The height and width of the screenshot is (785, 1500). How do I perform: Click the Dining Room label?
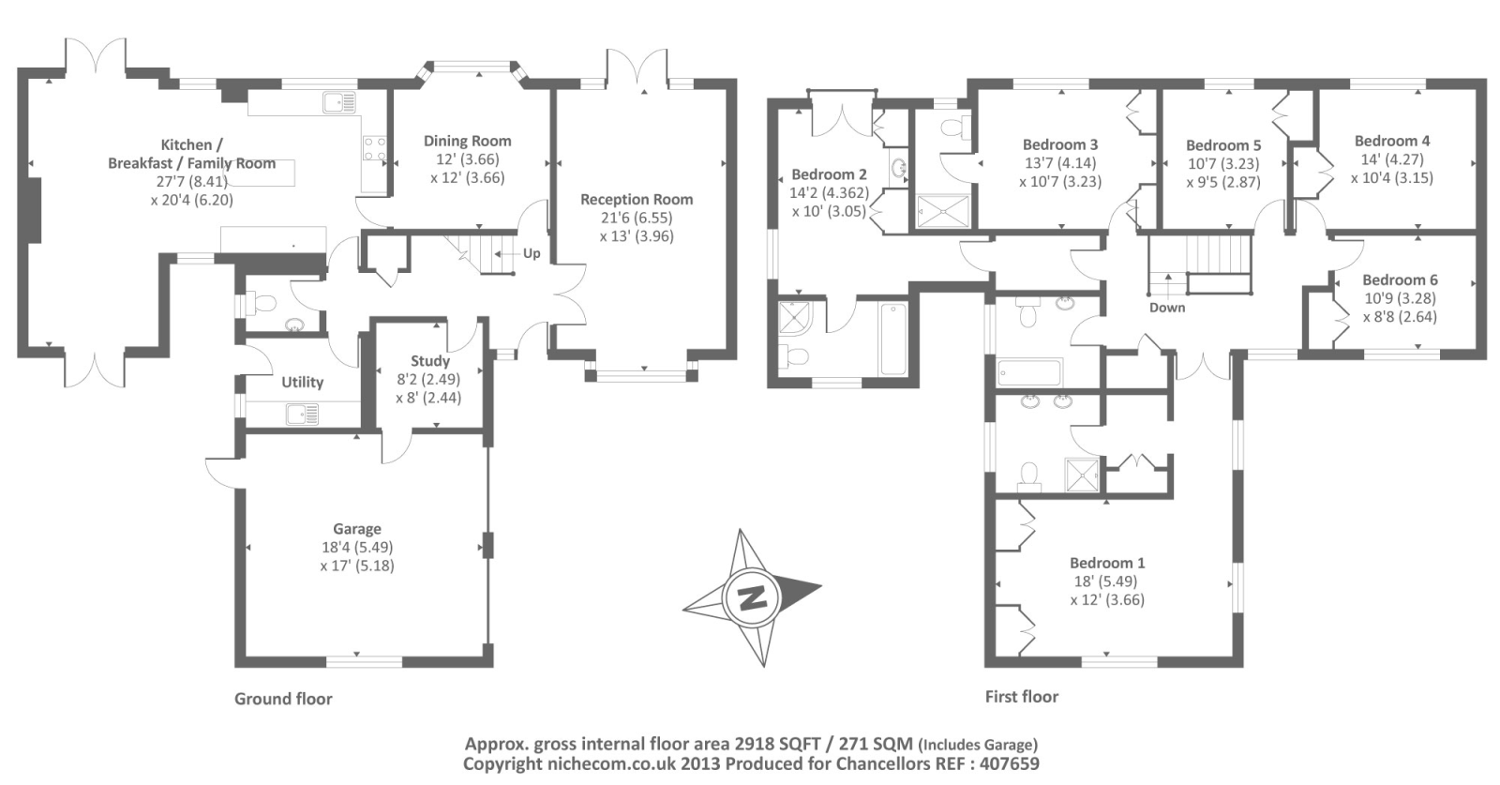point(468,141)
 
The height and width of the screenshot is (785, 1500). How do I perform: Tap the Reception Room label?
point(637,199)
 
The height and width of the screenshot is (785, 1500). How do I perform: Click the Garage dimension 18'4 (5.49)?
point(357,547)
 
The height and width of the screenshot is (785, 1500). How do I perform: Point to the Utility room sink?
point(303,415)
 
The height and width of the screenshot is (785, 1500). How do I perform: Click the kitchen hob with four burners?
point(374,149)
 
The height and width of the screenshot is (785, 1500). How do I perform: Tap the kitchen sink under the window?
point(339,102)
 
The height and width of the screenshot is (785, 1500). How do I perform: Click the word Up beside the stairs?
point(532,253)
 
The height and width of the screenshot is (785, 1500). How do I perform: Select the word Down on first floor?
point(1167,308)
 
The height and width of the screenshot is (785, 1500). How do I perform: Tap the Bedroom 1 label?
point(1107,563)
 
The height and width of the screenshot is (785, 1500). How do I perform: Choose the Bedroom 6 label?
point(1400,279)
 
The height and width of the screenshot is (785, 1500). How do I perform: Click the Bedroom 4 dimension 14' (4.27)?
point(1392,159)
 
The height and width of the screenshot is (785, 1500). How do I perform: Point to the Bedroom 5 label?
point(1222,145)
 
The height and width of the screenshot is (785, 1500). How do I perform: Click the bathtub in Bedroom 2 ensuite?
point(894,339)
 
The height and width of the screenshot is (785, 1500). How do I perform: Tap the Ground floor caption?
point(283,699)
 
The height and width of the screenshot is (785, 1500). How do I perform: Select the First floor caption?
point(1021,697)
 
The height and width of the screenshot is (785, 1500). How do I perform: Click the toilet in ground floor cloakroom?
point(262,305)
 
